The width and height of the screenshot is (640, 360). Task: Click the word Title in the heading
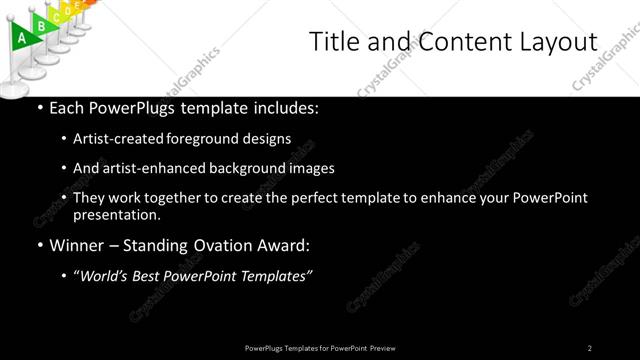coord(334,42)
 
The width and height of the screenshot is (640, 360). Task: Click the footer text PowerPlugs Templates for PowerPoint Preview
coord(320,348)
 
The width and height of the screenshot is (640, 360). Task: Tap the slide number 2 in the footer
coord(590,348)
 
